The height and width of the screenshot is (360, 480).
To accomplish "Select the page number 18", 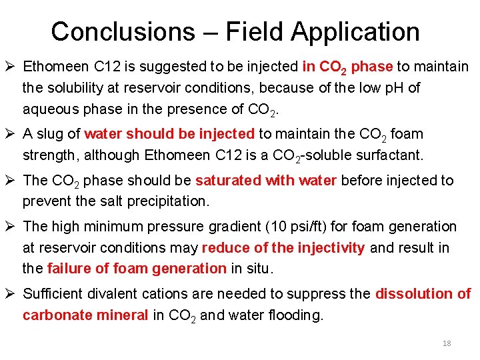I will coord(447,343).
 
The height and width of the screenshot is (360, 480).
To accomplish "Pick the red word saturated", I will coord(227,180).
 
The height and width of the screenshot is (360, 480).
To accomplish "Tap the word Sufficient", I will coord(55,294).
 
